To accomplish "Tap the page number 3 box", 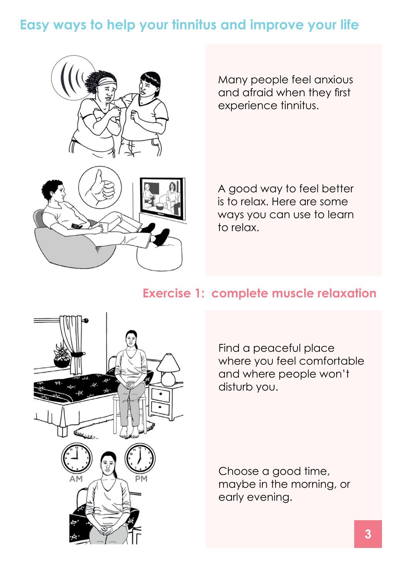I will (x=368, y=534).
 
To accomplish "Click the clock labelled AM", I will (x=77, y=458).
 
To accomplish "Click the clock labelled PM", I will (x=140, y=458).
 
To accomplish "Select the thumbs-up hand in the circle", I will (x=100, y=188).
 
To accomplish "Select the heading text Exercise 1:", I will (x=173, y=293).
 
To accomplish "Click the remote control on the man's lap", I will (x=77, y=226).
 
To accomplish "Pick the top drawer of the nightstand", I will (x=160, y=395).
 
